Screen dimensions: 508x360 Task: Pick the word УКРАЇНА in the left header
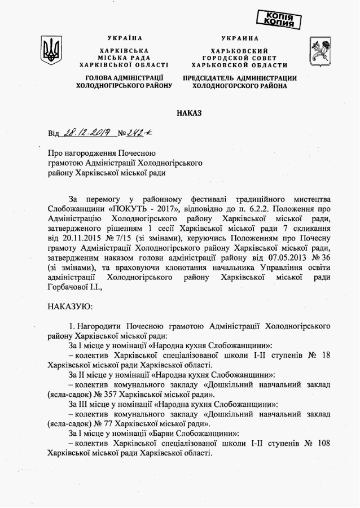tap(121, 38)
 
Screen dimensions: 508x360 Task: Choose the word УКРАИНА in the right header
tap(239, 38)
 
